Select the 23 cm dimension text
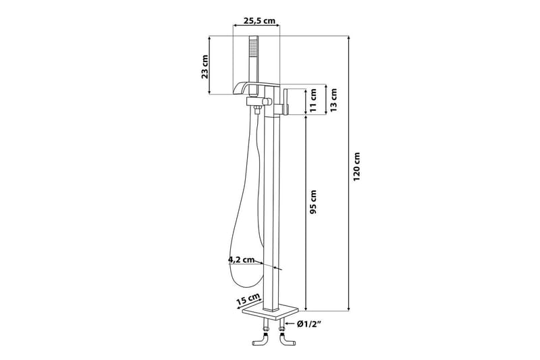(x=205, y=65)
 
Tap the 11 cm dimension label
(x=313, y=101)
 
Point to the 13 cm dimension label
(x=334, y=101)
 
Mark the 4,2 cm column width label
(x=240, y=259)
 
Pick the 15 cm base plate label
(x=250, y=299)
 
